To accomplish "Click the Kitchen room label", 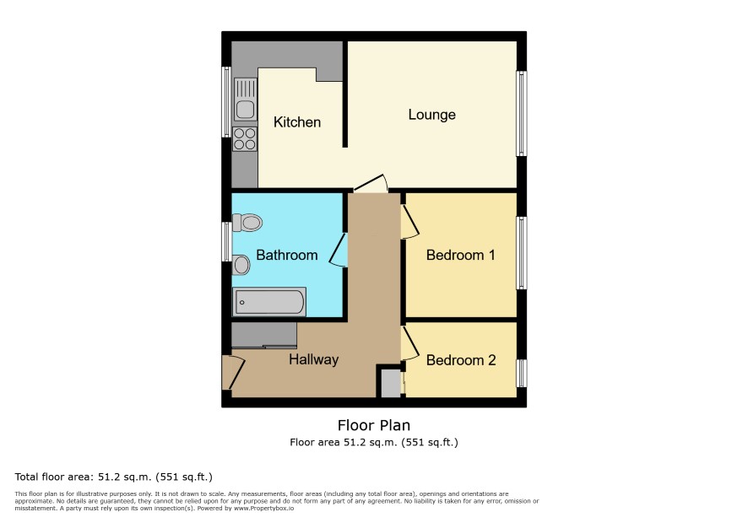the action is coord(296,122).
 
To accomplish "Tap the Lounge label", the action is coord(431,115).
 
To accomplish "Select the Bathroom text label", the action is coord(287,255).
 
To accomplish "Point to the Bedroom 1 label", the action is coord(460,255).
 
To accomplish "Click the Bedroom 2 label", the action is coord(461,360).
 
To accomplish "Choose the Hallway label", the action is coord(313,359).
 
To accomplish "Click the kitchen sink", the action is coord(245,100).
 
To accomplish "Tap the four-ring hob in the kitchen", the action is coord(245,138).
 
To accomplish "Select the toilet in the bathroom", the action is coord(247,222).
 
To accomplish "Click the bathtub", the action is coord(269,302).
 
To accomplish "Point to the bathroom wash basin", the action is coord(241,265).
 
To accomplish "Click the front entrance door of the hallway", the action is coord(233,372).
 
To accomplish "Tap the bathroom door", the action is coord(338,250).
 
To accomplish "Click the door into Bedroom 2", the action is coord(409,343).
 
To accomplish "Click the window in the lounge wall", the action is coord(522,114).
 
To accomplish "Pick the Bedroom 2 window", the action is coord(522,374).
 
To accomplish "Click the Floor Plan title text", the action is coord(374,425).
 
